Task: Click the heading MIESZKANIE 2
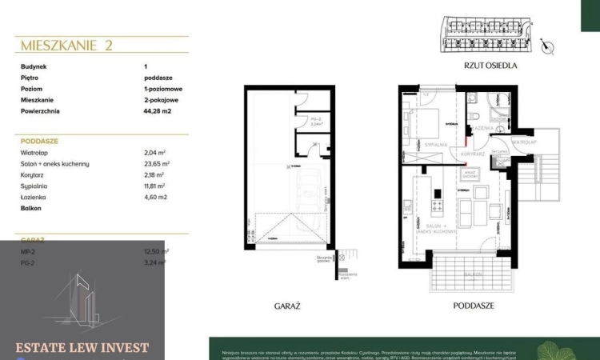(66, 45)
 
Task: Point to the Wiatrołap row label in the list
(37, 152)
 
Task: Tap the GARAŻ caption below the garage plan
(286, 306)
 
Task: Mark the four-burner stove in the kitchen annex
(438, 206)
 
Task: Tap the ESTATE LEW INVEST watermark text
(82, 347)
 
